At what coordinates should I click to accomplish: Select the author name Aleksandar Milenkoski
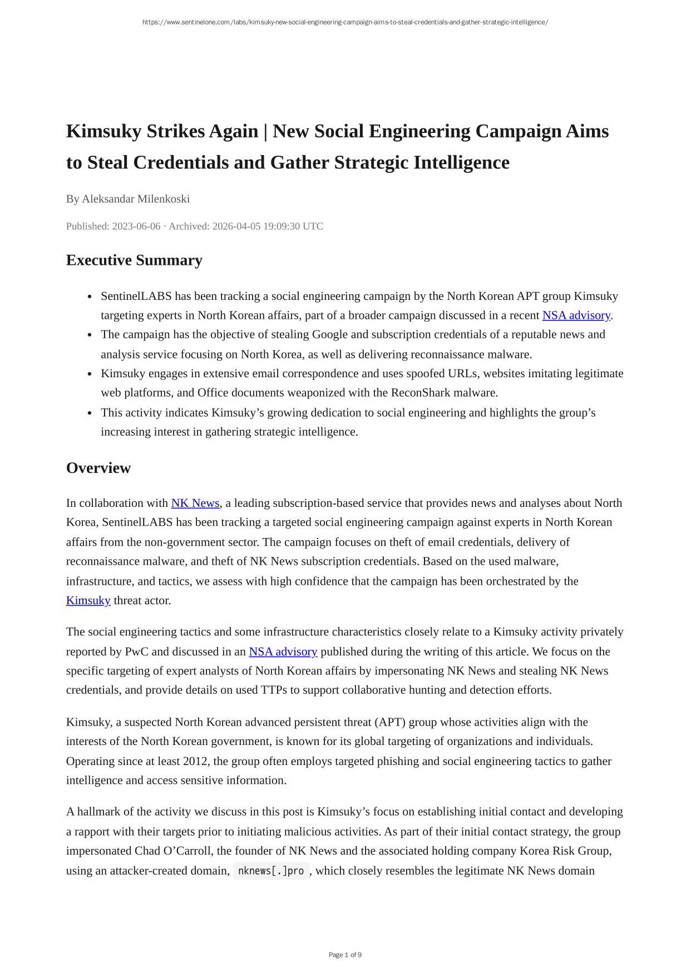[136, 199]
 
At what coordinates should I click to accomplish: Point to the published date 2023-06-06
[136, 226]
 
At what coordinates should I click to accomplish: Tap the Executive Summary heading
[134, 260]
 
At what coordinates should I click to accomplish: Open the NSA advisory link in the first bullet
[576, 315]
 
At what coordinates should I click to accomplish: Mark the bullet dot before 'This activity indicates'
[90, 413]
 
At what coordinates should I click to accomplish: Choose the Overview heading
[98, 468]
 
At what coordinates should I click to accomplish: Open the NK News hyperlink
[195, 503]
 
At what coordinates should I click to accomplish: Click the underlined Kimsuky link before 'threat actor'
[88, 600]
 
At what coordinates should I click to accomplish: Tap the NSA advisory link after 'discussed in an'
[283, 652]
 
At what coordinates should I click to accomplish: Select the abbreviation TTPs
[275, 690]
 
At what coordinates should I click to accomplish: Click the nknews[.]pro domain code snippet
[271, 871]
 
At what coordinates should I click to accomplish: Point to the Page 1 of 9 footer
[345, 955]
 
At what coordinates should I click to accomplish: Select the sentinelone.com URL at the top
[345, 22]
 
